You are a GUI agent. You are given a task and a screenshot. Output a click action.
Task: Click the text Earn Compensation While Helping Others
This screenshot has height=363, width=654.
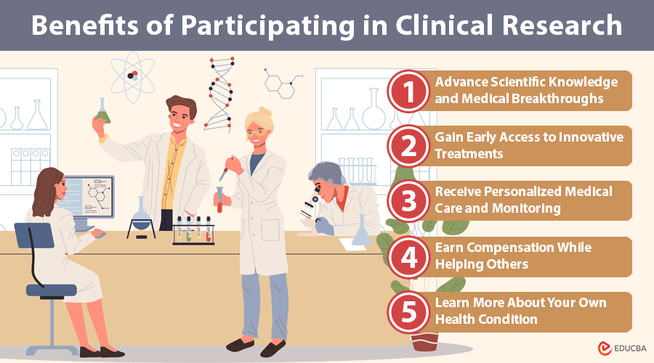tap(513, 256)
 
